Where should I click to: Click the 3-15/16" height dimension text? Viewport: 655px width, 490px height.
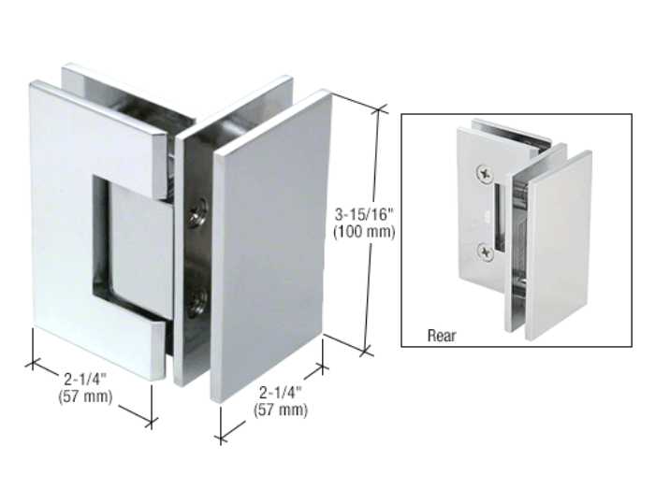(x=364, y=215)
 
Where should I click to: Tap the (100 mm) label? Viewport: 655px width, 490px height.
(x=364, y=232)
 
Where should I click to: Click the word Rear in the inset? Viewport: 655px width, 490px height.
(x=442, y=335)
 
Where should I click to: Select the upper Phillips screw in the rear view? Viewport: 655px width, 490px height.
(x=486, y=174)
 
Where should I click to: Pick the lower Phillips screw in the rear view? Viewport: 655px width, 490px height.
(x=486, y=252)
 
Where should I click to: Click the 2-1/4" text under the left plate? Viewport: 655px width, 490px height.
(x=85, y=379)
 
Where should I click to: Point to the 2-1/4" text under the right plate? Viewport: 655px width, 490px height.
(x=281, y=393)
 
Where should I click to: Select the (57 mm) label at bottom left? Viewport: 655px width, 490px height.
(x=85, y=396)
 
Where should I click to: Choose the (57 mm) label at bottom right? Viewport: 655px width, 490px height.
(x=281, y=410)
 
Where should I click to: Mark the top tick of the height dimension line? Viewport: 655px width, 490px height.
(x=378, y=110)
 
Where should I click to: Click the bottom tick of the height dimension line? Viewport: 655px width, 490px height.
(x=367, y=352)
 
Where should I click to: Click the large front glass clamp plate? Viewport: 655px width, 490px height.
(x=269, y=246)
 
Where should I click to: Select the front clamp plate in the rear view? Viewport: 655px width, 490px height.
(x=559, y=244)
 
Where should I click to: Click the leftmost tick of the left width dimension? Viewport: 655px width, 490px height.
(x=32, y=363)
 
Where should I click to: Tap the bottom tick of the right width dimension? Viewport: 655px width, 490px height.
(x=221, y=440)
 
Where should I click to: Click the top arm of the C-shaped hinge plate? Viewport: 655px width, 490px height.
(x=96, y=137)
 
